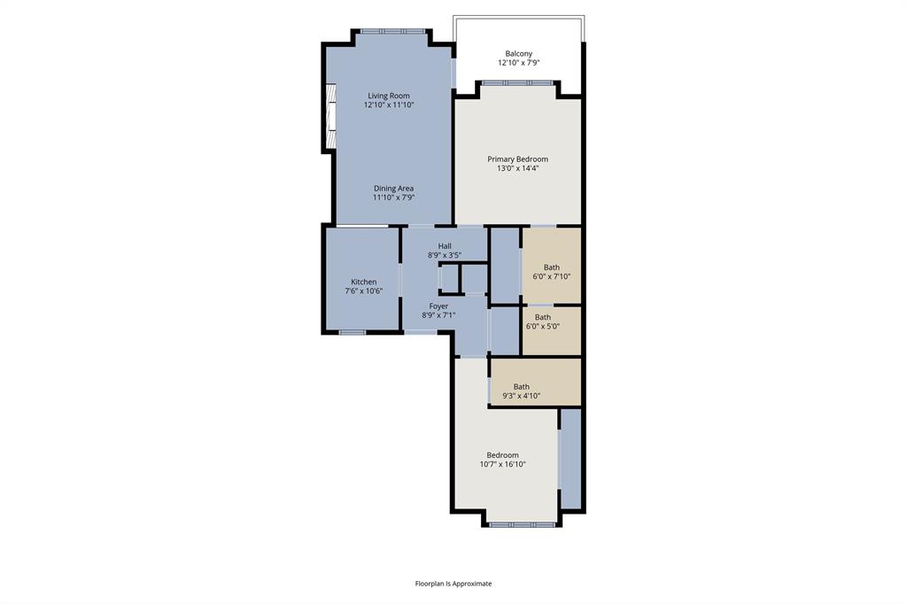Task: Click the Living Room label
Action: [389, 96]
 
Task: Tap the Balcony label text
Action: [518, 53]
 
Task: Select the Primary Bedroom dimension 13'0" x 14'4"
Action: [517, 168]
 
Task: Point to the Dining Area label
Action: [393, 188]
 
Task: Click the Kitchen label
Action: [363, 282]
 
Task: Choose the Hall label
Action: [445, 245]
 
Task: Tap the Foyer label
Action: [438, 306]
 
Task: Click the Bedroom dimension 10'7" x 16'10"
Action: [502, 464]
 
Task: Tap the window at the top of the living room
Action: [391, 31]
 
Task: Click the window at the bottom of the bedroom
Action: [522, 524]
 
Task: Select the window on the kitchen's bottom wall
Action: [353, 332]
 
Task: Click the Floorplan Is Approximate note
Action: [453, 584]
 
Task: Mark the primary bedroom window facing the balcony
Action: [517, 83]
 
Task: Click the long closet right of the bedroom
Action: [570, 458]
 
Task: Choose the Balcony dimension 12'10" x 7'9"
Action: [518, 63]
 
